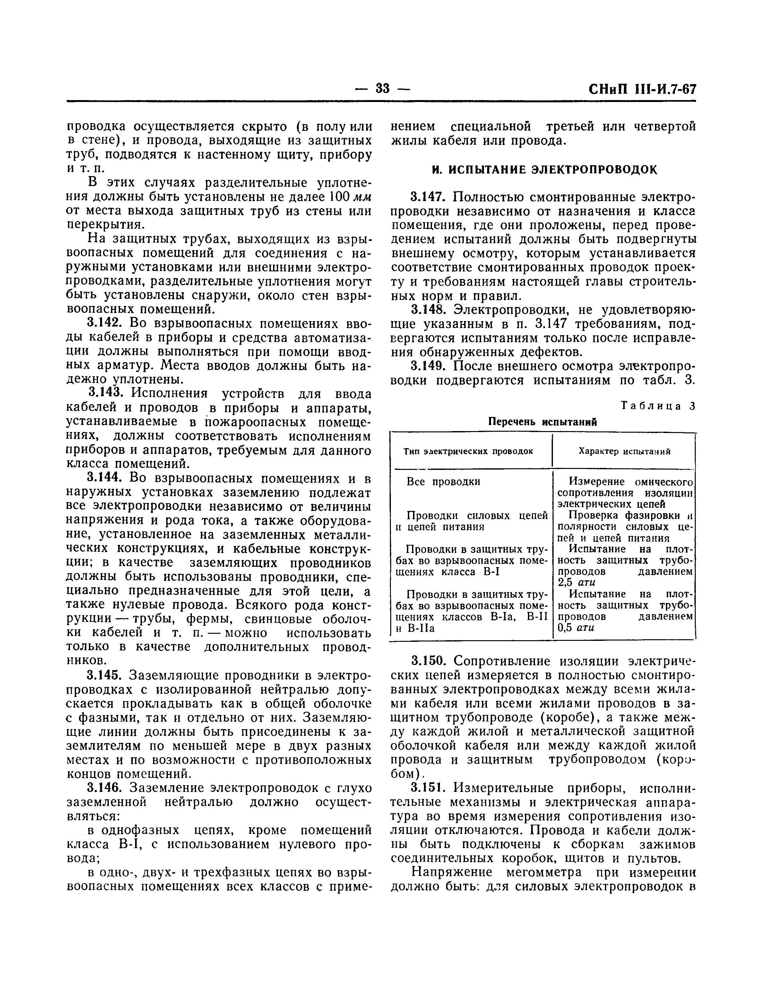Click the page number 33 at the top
382,89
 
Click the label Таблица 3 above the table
658,406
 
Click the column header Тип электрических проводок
468,451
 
